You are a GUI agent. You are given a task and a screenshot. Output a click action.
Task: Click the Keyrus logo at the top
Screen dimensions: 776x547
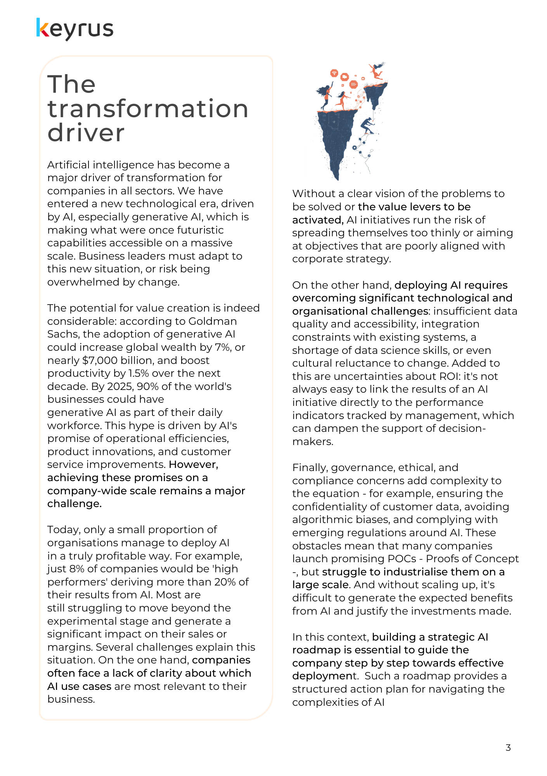coord(75,29)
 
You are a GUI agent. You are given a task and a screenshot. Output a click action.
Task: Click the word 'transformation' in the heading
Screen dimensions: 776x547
coord(148,109)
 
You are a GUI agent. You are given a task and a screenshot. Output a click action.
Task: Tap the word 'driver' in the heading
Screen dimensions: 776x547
coord(86,133)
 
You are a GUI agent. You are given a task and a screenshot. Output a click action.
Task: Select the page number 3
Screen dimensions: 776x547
coord(508,747)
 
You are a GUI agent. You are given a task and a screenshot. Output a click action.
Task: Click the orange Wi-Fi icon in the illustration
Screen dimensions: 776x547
coord(334,73)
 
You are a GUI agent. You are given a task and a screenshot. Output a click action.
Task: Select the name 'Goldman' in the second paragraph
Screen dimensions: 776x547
coord(212,321)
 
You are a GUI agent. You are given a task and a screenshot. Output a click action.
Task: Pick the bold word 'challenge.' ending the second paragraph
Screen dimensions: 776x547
coord(74,504)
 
